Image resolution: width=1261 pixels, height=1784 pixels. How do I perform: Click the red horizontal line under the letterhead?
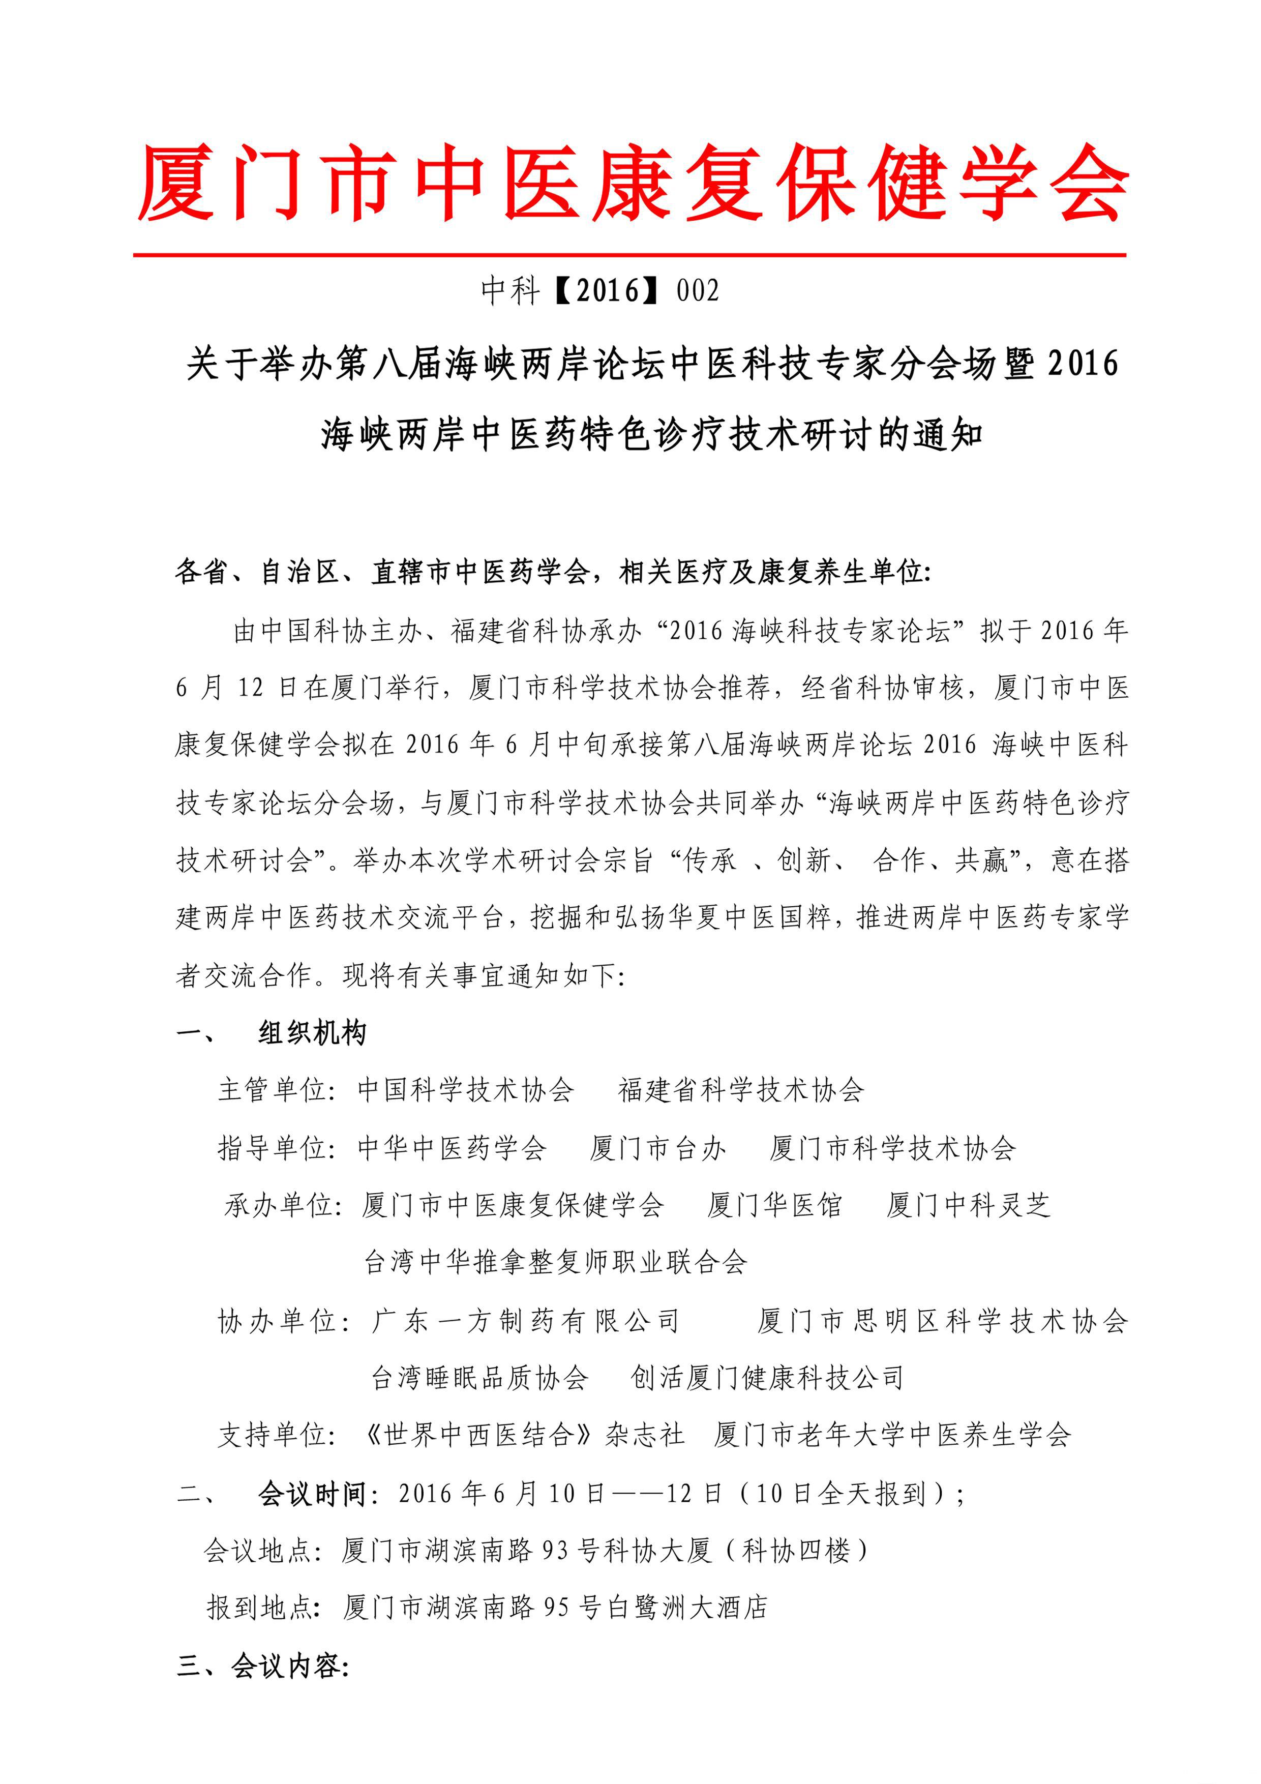pyautogui.click(x=629, y=254)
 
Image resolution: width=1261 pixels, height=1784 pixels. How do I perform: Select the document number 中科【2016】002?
pyautogui.click(x=600, y=290)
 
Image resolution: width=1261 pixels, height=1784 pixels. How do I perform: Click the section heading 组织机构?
pyautogui.click(x=312, y=1033)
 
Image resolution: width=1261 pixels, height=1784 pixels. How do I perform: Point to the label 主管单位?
pyautogui.click(x=276, y=1090)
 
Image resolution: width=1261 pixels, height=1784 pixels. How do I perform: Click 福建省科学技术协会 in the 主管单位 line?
pyautogui.click(x=740, y=1090)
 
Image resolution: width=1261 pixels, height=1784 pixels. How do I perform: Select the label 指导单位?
pyautogui.click(x=276, y=1148)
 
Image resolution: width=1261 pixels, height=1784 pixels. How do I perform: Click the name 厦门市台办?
pyautogui.click(x=657, y=1148)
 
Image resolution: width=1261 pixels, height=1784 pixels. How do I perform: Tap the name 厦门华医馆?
pyautogui.click(x=774, y=1205)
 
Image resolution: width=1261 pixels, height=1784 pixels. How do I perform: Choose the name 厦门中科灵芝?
pyautogui.click(x=968, y=1205)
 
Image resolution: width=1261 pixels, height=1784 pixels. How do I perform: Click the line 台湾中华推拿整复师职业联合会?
pyautogui.click(x=556, y=1262)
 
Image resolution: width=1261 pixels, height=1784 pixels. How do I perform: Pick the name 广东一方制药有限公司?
pyautogui.click(x=526, y=1321)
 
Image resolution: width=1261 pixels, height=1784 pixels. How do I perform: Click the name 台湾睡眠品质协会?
pyautogui.click(x=479, y=1378)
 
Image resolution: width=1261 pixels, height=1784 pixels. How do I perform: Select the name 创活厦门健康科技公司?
pyautogui.click(x=767, y=1378)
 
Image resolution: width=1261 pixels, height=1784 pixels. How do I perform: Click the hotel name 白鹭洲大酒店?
pyautogui.click(x=687, y=1607)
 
